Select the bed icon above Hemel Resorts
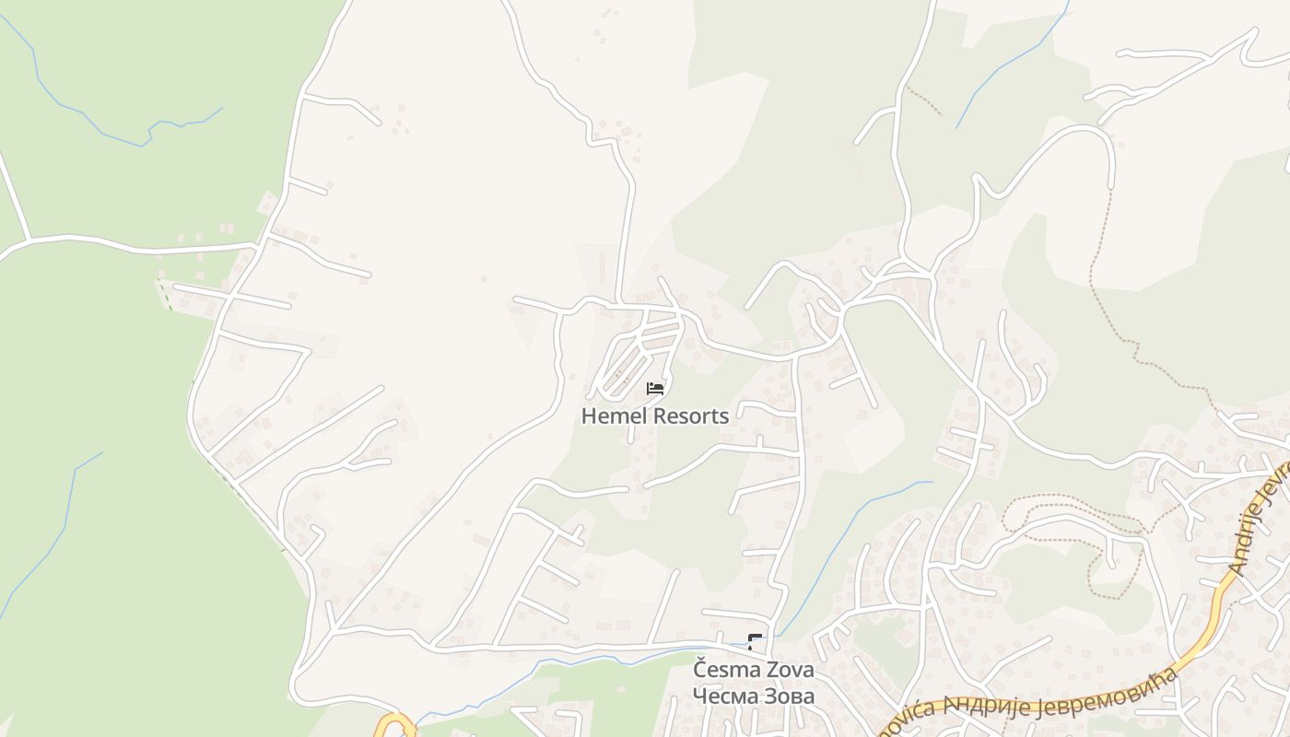(x=655, y=389)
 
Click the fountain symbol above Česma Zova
(x=755, y=642)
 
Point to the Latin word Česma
(x=724, y=669)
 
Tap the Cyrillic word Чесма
(x=724, y=696)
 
